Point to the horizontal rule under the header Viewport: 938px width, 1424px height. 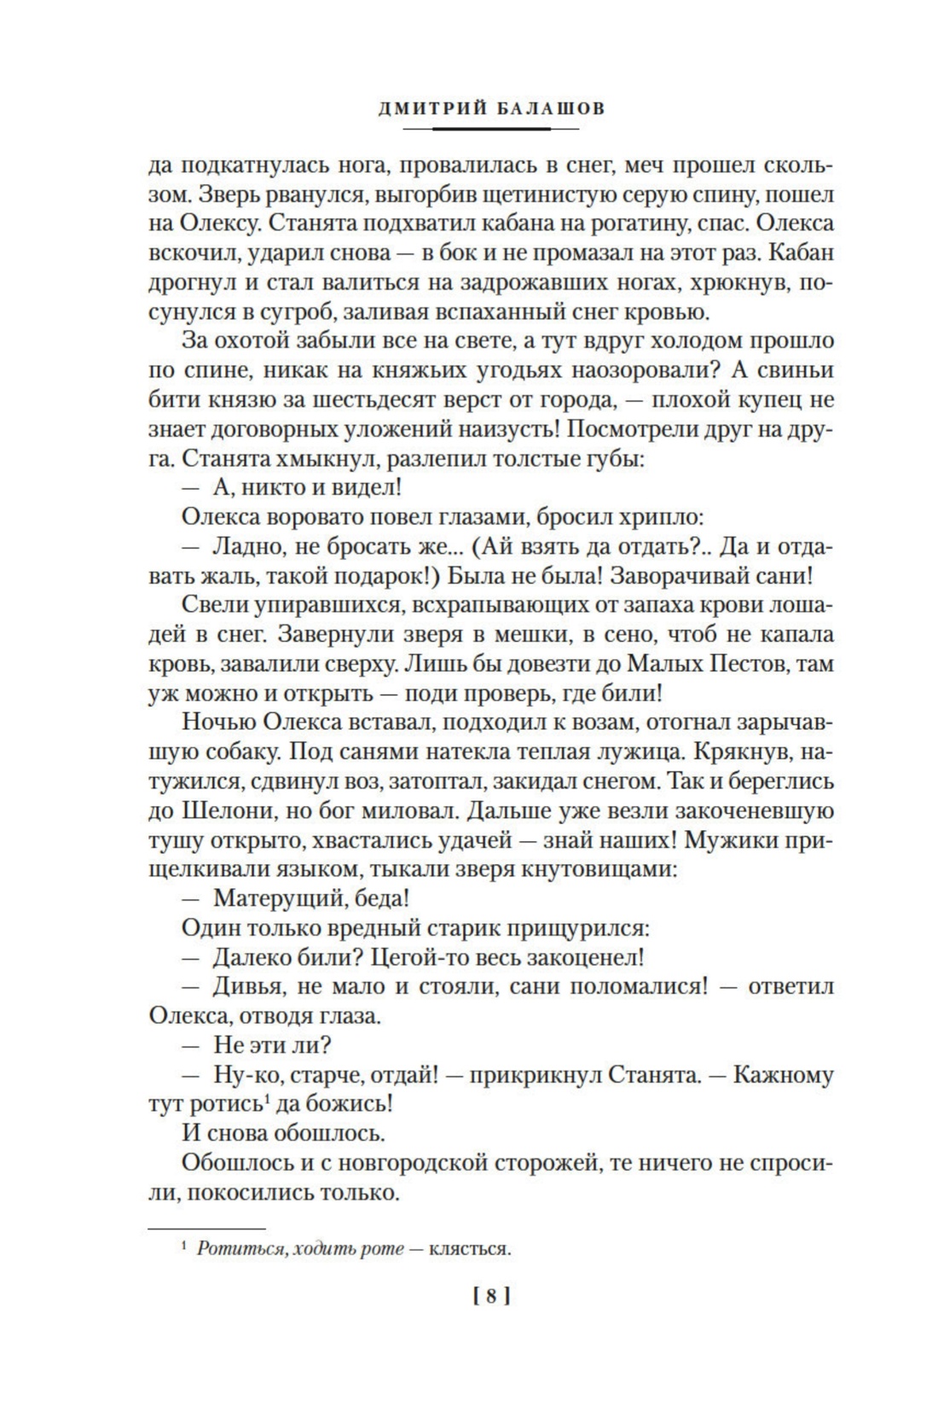click(x=490, y=129)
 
